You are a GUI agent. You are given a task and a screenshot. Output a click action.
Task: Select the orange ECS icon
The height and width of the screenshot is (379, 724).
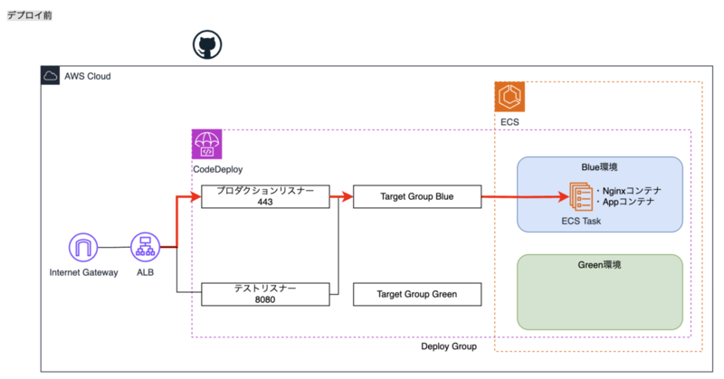pyautogui.click(x=510, y=98)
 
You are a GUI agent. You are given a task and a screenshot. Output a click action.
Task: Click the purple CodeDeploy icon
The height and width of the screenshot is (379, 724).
pyautogui.click(x=206, y=145)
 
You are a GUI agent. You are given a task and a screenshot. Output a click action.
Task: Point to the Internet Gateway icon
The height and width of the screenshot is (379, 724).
pyautogui.click(x=83, y=247)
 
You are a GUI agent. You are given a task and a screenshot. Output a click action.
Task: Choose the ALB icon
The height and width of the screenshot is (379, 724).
pyautogui.click(x=146, y=247)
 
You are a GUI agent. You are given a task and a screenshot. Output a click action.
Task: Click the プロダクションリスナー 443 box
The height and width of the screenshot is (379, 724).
pyautogui.click(x=264, y=196)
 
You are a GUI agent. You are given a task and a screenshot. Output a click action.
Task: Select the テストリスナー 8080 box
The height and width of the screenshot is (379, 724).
pyautogui.click(x=264, y=293)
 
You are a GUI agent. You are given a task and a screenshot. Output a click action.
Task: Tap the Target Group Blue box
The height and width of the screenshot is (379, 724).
pyautogui.click(x=416, y=196)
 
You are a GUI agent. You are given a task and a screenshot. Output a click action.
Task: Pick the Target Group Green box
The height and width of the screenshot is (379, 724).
pyautogui.click(x=416, y=293)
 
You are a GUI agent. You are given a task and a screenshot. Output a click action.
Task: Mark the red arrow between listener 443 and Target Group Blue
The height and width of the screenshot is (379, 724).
pyautogui.click(x=340, y=195)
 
